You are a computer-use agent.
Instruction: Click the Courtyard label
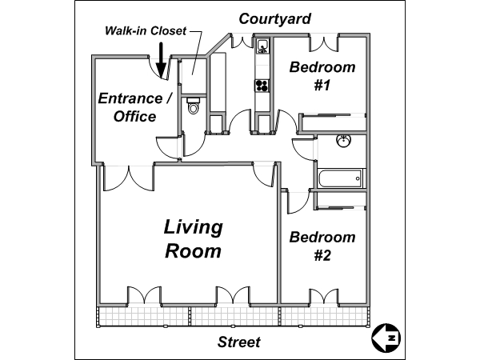pos(274,19)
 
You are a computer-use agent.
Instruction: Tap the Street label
pos(239,342)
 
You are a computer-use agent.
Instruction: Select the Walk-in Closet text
pos(146,30)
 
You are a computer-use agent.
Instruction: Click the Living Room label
pos(193,238)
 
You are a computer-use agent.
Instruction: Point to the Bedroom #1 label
pos(322,76)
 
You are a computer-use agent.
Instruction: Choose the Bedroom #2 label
pos(322,246)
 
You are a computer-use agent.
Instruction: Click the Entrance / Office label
pos(135,107)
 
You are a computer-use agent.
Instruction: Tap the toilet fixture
pos(193,106)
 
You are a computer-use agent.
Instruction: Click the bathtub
pos(340,178)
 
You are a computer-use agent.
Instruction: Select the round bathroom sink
pos(343,141)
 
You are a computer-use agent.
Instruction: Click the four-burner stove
pos(262,85)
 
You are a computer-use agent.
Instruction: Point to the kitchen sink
pos(262,46)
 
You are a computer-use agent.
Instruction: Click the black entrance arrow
pos(161,60)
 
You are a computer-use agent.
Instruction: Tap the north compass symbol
pos(386,338)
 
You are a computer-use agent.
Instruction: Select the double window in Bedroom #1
pos(324,43)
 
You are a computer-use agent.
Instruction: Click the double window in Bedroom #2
pos(324,296)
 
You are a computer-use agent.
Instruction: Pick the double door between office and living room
pos(129,178)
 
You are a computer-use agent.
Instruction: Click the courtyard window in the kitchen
pos(242,41)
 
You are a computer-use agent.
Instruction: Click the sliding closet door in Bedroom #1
pos(334,114)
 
